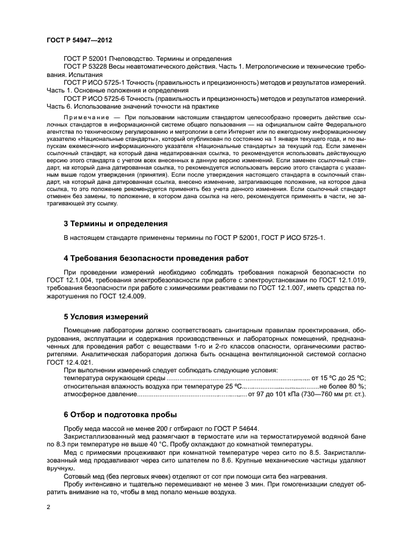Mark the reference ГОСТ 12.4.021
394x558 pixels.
(72, 362)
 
